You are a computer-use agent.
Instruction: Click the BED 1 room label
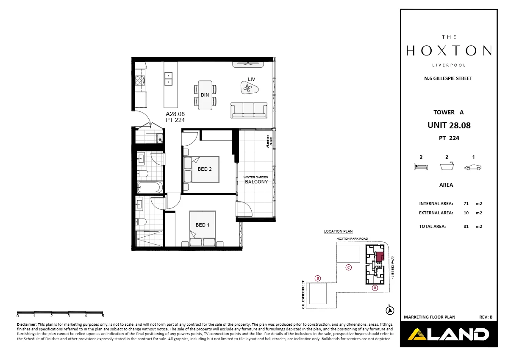coord(203,225)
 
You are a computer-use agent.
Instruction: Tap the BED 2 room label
coord(205,169)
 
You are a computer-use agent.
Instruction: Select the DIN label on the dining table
coord(205,95)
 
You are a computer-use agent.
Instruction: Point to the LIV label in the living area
coord(252,79)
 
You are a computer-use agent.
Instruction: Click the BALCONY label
coord(256,182)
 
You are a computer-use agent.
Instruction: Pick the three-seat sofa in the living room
coord(249,110)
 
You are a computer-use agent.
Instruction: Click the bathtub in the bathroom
coord(150,187)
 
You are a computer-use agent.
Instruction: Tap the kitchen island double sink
coord(168,79)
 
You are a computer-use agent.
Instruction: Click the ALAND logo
coord(448,335)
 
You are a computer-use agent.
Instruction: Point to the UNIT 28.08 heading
coord(449,125)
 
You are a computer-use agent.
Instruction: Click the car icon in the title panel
coord(473,167)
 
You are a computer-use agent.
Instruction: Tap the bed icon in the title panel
coord(421,167)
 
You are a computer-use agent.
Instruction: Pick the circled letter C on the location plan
coord(348,267)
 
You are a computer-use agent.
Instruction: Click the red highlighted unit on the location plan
coord(380,257)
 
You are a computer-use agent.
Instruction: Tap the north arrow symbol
coord(389,310)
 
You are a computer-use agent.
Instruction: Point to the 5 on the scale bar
coord(103,316)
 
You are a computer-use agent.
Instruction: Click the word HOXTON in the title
coord(449,51)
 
